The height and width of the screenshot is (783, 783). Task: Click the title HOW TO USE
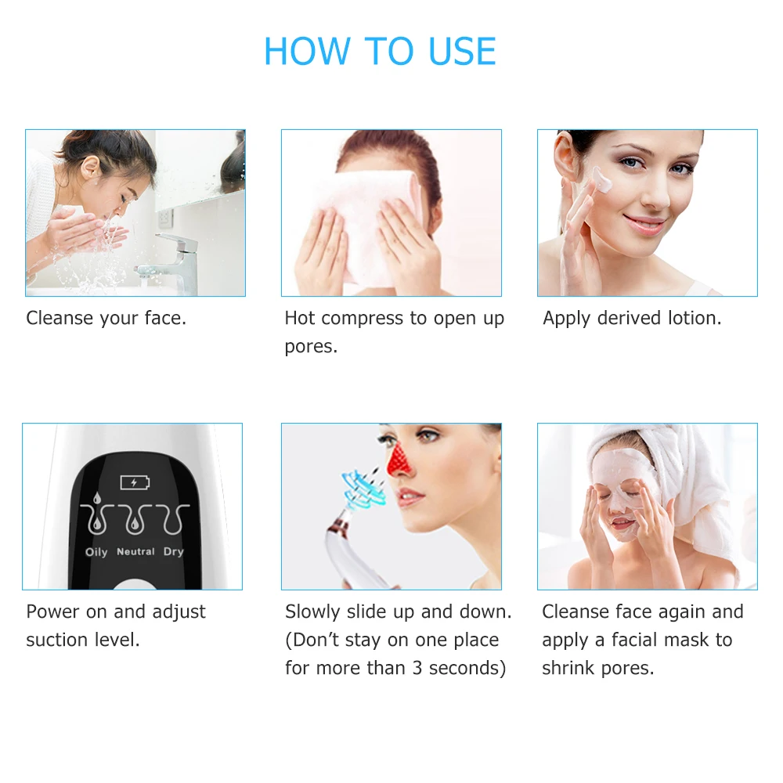tap(380, 52)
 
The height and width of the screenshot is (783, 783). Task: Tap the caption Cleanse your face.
tap(106, 319)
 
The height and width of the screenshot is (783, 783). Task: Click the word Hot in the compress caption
tap(300, 319)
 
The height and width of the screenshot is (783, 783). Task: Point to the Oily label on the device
tap(96, 552)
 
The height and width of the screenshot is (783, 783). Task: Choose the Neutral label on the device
tap(135, 552)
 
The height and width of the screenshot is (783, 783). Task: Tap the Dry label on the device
tap(173, 552)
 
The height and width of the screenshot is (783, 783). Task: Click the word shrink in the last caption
tap(568, 668)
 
